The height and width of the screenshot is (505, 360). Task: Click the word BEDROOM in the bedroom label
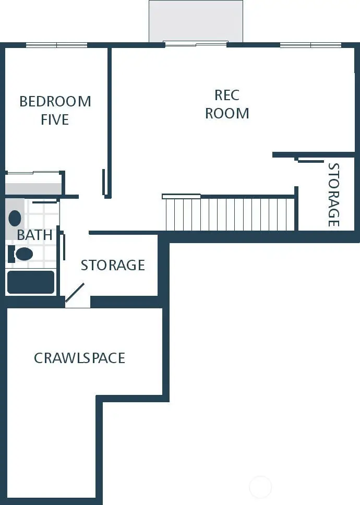[55, 101]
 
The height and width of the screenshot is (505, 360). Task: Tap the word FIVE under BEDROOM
[55, 119]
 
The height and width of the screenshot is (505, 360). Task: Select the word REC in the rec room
[227, 95]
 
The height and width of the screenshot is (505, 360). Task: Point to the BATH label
[34, 235]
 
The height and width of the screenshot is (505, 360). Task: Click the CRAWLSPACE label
[79, 358]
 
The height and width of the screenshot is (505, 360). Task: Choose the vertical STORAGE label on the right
[333, 195]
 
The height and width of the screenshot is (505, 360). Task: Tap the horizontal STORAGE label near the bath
[113, 265]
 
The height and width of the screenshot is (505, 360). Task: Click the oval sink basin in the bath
[15, 218]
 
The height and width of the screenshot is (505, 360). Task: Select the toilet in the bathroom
[22, 254]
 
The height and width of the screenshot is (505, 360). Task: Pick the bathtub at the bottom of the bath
[30, 282]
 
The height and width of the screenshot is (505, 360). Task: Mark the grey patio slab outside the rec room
[196, 21]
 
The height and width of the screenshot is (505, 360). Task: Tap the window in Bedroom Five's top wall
[56, 45]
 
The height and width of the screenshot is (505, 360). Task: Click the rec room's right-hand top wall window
[311, 45]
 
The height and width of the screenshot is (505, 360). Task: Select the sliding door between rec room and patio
[196, 44]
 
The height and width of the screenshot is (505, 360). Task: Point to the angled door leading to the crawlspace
[75, 292]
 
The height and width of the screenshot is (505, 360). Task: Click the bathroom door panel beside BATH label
[64, 247]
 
